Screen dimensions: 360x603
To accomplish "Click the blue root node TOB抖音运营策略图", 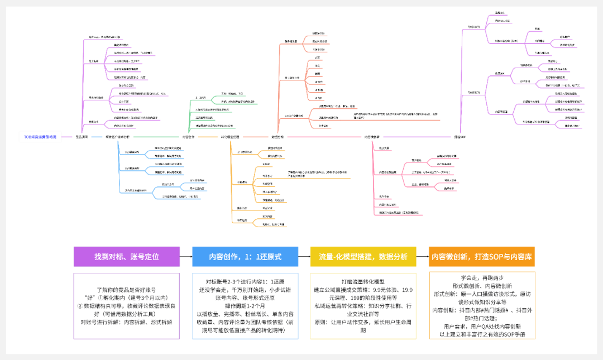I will click(x=40, y=137).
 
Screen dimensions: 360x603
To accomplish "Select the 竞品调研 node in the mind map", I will click(x=82, y=137).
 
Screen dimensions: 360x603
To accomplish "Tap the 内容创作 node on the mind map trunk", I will click(x=189, y=137).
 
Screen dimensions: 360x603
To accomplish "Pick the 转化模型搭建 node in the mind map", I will click(x=229, y=137).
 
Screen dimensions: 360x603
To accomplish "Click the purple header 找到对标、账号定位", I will click(x=127, y=257).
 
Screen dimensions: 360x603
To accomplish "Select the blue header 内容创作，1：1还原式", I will click(x=245, y=257).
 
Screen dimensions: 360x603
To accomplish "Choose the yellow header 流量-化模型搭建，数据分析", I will click(x=363, y=257).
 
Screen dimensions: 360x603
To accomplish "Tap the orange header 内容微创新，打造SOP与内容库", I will click(x=482, y=257).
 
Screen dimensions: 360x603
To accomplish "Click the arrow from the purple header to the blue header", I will click(x=186, y=257).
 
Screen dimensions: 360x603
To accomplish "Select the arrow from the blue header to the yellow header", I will click(x=304, y=257).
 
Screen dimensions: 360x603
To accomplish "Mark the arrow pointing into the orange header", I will click(x=423, y=257).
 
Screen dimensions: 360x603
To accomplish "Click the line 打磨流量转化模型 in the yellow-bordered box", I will click(x=363, y=282).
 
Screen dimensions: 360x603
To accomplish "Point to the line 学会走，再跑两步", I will click(x=482, y=277).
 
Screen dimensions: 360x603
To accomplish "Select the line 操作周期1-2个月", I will click(x=245, y=306).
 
